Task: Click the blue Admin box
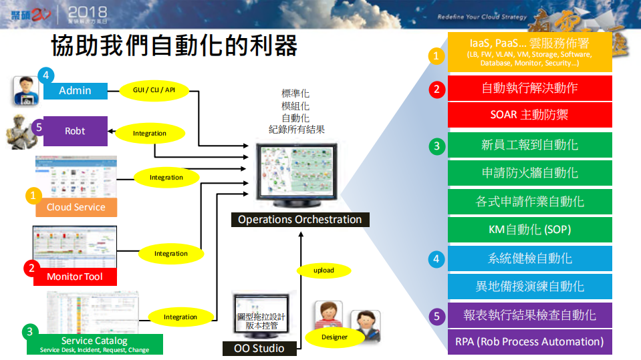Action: tap(75, 91)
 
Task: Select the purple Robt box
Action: tap(75, 131)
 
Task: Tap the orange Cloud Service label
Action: tap(76, 207)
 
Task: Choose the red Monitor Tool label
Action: tap(75, 277)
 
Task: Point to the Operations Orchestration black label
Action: tap(299, 219)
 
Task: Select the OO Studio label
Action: tap(259, 348)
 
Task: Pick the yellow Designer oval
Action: tap(334, 337)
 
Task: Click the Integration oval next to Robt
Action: tap(150, 133)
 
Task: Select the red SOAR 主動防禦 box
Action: tap(529, 114)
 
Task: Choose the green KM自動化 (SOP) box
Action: tap(529, 229)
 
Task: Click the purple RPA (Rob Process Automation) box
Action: tap(529, 341)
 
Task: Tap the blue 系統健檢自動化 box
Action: tap(529, 258)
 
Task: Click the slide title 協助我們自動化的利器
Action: tap(174, 46)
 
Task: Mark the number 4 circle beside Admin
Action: tap(45, 75)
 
